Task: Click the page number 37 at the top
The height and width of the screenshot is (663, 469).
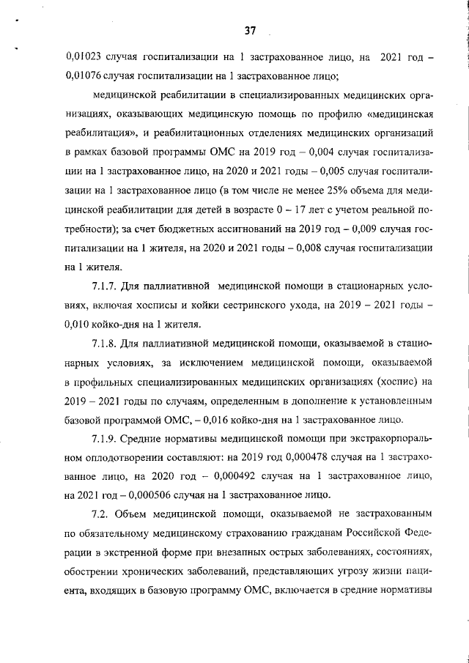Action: click(251, 31)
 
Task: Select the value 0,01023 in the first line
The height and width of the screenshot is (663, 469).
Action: click(86, 56)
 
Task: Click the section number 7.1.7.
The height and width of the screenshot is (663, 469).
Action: click(106, 285)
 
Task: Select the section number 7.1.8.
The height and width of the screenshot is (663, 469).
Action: click(106, 342)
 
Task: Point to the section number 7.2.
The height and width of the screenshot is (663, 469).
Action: click(101, 514)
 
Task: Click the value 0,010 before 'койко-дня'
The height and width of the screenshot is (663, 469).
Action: click(82, 324)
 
